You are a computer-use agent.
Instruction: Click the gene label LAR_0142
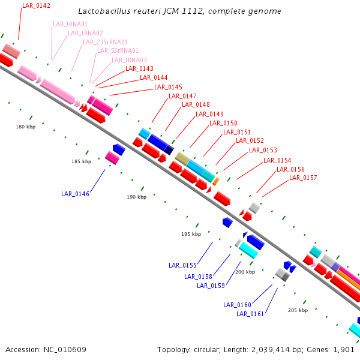36,5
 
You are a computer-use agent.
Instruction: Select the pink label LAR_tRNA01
70,24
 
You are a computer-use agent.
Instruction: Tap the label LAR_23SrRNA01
105,42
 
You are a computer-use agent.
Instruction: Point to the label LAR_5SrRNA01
118,51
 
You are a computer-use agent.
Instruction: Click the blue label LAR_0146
75,194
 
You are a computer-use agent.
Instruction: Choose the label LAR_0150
223,123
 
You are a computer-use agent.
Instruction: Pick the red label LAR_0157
303,178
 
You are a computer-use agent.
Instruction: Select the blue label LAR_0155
182,265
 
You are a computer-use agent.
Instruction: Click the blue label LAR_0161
250,314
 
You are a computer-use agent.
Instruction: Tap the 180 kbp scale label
26,127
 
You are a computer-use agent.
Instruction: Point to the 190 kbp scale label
136,197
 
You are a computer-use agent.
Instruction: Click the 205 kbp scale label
298,310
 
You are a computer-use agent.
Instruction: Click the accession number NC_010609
66,349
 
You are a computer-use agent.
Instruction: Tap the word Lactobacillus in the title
103,11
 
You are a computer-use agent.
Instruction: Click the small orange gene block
216,181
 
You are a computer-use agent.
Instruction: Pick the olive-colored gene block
182,158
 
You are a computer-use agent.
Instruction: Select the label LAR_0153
263,150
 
